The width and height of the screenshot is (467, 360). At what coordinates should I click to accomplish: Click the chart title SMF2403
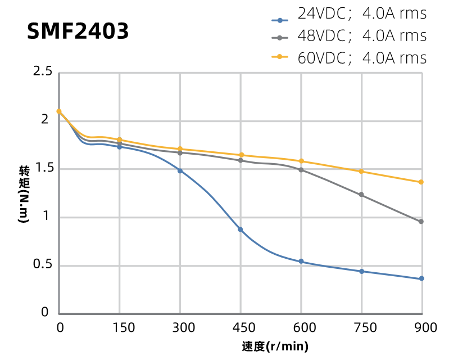pyautogui.click(x=78, y=31)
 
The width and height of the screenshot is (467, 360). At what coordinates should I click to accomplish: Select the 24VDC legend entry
pyautogui.click(x=348, y=13)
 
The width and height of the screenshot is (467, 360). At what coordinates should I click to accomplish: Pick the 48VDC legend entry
pyautogui.click(x=348, y=36)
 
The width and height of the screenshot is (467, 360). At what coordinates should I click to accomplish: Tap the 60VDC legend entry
pyautogui.click(x=348, y=58)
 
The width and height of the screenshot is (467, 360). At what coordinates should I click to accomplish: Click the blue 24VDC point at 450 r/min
pyautogui.click(x=241, y=229)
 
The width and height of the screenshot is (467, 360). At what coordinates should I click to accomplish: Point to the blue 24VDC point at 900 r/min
pyautogui.click(x=421, y=279)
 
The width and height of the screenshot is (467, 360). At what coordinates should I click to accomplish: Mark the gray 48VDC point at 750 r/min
pyautogui.click(x=361, y=195)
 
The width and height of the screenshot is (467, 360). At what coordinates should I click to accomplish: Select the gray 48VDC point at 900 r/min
pyautogui.click(x=421, y=222)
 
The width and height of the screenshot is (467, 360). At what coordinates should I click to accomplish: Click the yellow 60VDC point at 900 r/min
pyautogui.click(x=421, y=182)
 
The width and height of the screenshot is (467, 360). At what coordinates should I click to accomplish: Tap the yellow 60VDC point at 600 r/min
pyautogui.click(x=301, y=161)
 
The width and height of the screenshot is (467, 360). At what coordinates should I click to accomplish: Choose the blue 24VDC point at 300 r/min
pyautogui.click(x=180, y=170)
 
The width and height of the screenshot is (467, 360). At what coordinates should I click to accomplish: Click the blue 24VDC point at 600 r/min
pyautogui.click(x=301, y=262)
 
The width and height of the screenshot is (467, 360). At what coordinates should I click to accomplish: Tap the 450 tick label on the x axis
pyautogui.click(x=241, y=327)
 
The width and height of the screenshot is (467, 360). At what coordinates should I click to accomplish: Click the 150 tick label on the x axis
pyautogui.click(x=120, y=327)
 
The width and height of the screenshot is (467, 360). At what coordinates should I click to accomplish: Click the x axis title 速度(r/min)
pyautogui.click(x=275, y=346)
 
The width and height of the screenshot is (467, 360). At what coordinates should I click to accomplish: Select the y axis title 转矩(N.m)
pyautogui.click(x=24, y=195)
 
